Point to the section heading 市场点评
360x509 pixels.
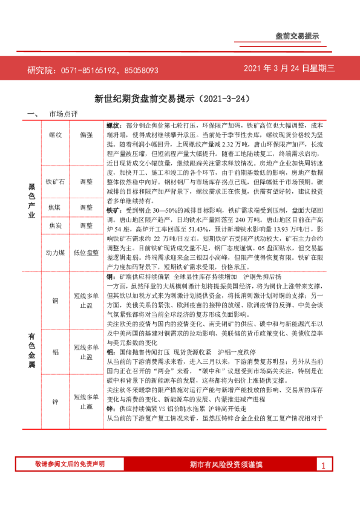64,114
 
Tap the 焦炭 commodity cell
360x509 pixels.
55,225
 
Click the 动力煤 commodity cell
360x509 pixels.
55,252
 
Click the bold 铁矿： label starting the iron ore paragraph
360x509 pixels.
114,211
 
